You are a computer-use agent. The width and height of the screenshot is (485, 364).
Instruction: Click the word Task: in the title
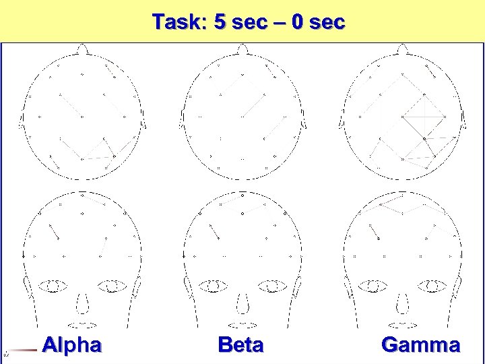(x=179, y=22)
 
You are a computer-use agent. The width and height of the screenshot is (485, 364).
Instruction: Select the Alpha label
(x=71, y=345)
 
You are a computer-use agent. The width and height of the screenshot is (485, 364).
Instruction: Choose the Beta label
(x=241, y=345)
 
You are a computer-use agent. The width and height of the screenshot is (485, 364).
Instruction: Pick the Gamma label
(x=421, y=345)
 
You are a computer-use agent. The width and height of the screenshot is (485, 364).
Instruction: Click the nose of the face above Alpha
(x=83, y=305)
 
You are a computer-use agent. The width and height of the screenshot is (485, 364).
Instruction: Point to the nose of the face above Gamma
(x=403, y=305)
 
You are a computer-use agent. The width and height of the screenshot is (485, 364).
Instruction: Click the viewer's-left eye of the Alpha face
(x=53, y=286)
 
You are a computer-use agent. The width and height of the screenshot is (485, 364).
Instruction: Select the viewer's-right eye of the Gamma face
(x=432, y=286)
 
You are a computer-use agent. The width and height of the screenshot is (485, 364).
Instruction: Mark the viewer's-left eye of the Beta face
(x=213, y=286)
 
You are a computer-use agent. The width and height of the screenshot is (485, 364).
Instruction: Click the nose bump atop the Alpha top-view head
(x=82, y=49)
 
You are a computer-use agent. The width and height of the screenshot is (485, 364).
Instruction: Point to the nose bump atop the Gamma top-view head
(x=403, y=49)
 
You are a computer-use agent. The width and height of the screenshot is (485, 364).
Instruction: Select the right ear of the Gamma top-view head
(x=465, y=120)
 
